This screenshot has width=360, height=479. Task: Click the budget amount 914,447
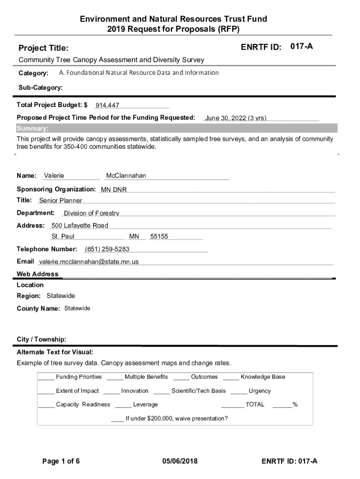tap(107, 106)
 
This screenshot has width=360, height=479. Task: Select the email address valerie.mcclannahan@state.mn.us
tap(89, 262)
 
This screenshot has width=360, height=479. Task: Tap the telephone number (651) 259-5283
tap(107, 249)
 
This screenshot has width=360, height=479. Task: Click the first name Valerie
tap(54, 176)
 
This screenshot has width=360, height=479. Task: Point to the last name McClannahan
tap(126, 176)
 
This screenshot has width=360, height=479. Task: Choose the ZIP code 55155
tap(159, 237)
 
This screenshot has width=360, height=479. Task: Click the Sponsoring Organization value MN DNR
tap(114, 189)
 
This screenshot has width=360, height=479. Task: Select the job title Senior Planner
tap(60, 201)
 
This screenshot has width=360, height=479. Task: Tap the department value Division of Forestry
tap(92, 213)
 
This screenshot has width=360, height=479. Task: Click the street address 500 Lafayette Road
tap(79, 225)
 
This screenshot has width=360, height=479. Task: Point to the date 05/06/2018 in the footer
tap(180, 461)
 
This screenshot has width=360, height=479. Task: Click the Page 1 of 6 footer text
tap(61, 461)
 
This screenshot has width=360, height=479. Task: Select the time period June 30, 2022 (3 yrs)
tap(236, 118)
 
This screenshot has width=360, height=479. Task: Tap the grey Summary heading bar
tap(177, 129)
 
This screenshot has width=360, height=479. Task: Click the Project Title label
tap(43, 48)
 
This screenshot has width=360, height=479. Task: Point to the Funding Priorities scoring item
tap(79, 377)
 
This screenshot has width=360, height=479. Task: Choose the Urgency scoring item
tap(259, 391)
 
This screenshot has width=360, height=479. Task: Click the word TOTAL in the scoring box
tap(255, 405)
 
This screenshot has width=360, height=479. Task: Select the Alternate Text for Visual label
tap(55, 352)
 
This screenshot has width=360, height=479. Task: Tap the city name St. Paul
tap(63, 237)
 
